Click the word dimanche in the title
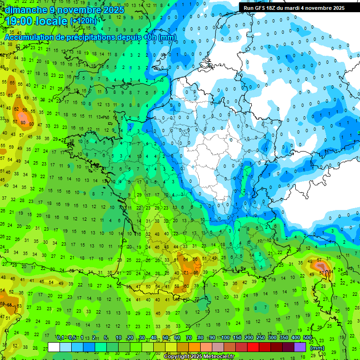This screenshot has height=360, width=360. (24, 10)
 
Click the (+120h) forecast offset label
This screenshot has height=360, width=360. (83, 21)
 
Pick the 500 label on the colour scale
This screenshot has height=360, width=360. (307, 337)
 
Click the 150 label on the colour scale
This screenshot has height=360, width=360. (237, 337)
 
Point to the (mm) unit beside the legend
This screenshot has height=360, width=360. (317, 348)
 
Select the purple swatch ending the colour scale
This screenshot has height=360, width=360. (300, 347)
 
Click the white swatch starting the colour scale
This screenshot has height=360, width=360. (54, 347)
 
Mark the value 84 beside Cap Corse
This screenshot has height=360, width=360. (331, 271)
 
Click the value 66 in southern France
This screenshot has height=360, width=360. (196, 272)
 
